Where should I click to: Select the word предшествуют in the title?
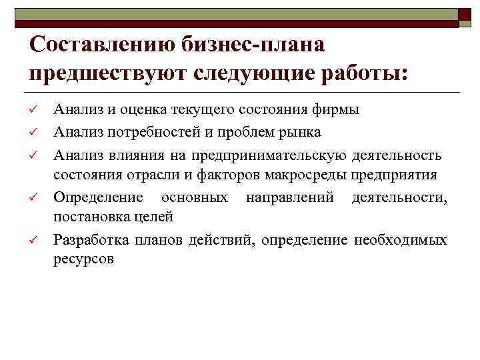107,73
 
